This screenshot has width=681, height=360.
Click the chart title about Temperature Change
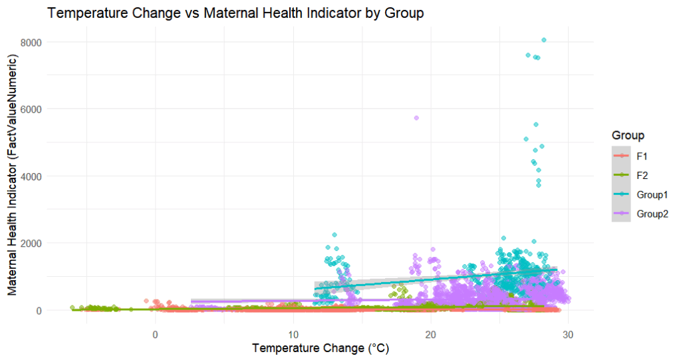pos(235,14)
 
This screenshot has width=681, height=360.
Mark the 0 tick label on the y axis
pos(38,311)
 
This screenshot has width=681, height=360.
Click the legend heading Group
pos(628,136)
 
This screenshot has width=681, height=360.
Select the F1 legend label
pos(642,155)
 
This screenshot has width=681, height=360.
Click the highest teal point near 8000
pos(544,40)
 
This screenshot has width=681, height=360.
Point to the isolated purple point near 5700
pos(416,118)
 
